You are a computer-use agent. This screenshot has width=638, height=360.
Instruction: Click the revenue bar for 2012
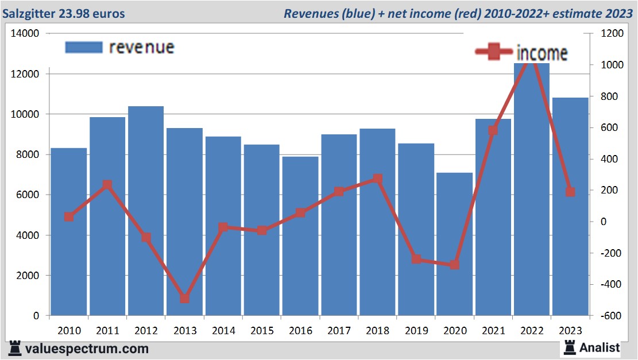146,211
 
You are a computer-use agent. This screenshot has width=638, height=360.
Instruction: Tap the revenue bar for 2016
300,236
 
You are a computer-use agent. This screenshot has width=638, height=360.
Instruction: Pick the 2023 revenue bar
570,207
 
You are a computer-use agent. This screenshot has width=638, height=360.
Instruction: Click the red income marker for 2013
184,299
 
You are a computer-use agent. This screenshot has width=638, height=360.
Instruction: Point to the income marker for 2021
493,130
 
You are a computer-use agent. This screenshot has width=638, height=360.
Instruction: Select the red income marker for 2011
107,185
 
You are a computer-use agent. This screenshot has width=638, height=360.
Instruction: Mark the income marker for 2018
377,179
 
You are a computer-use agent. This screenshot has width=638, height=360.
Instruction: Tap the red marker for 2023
570,192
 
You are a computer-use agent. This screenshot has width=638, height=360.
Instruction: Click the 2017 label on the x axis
339,331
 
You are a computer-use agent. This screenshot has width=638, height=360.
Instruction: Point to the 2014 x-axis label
223,331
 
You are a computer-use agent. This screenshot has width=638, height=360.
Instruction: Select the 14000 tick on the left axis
25,34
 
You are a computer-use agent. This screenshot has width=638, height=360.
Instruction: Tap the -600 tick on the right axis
610,316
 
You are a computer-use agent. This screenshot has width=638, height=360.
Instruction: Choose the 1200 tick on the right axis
612,34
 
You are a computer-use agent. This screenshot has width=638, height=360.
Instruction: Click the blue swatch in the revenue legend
84,47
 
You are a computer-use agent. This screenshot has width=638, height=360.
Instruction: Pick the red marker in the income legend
494,52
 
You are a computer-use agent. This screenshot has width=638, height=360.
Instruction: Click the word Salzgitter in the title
28,13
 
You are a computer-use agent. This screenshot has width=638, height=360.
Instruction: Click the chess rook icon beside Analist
569,347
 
